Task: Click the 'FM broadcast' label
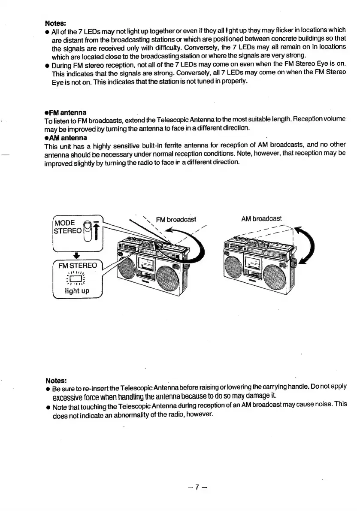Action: tap(176, 220)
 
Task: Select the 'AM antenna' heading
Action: tap(63, 138)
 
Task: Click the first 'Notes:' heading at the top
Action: tap(54, 23)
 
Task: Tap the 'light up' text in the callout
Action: tap(77, 291)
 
